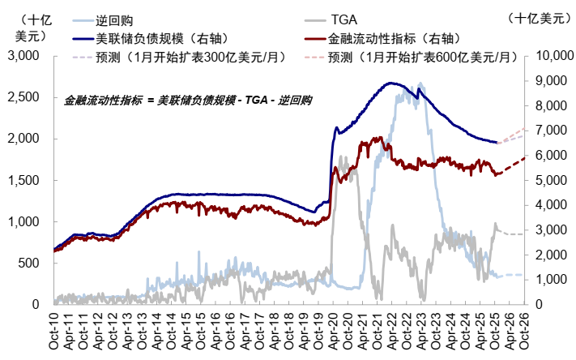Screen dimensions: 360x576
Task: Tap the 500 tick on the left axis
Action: coord(30,263)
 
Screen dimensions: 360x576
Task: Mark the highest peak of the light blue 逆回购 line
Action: coord(420,84)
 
